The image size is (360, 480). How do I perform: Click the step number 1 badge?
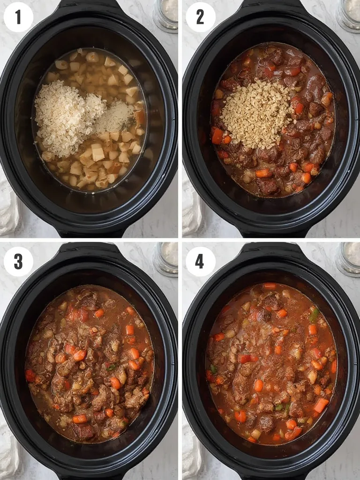[18, 17]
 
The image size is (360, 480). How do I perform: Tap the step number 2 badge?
[200, 17]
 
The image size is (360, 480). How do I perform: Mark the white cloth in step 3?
[8, 450]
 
